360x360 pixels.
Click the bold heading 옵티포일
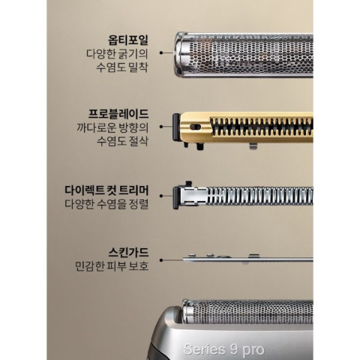click(128, 40)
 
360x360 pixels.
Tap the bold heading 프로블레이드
click(118, 114)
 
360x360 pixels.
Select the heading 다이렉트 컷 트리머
click(106, 190)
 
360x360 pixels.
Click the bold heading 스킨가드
click(128, 253)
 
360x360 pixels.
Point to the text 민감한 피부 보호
click(112, 265)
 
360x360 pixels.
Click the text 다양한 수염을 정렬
click(106, 204)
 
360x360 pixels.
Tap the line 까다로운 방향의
click(112, 127)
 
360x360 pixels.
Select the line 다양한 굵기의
click(117, 54)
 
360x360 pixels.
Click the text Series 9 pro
click(223, 349)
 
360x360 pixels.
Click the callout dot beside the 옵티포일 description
click(161, 52)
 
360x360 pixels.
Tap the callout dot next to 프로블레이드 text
click(161, 127)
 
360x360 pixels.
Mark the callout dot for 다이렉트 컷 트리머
click(161, 196)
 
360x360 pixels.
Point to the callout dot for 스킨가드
click(161, 260)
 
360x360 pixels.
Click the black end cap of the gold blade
click(176, 127)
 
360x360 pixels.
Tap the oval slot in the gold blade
click(196, 127)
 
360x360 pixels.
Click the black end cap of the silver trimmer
click(176, 198)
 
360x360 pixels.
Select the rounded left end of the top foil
click(181, 54)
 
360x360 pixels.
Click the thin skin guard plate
click(247, 259)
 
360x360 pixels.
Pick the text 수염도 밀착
click(122, 67)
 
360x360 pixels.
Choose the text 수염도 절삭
click(122, 141)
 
